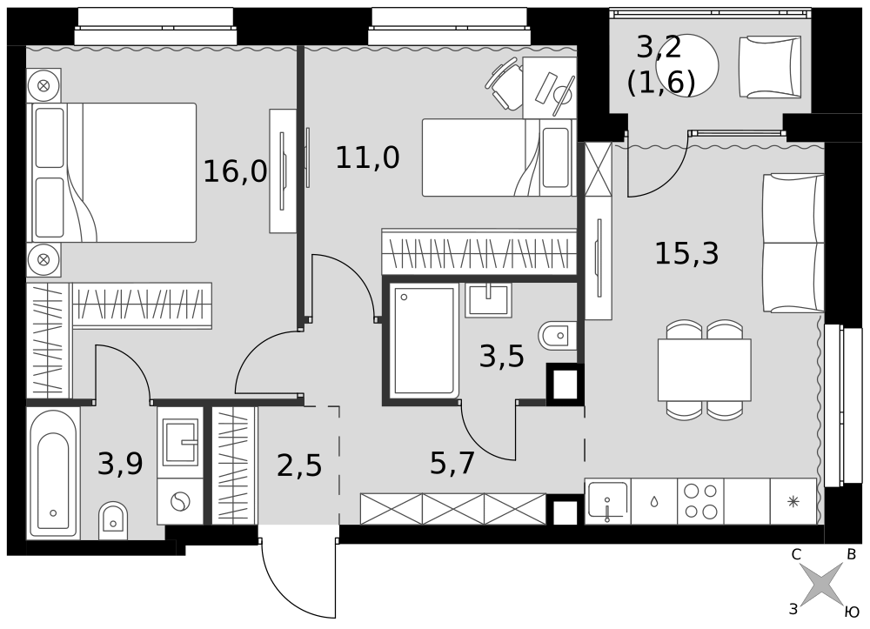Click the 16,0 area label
(235, 171)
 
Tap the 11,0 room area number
(367, 157)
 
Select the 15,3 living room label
(687, 253)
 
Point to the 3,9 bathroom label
(120, 464)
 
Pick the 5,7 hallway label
(452, 463)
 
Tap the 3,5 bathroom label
(502, 356)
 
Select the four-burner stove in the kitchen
(700, 501)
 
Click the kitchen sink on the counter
(608, 501)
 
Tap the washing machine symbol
(180, 502)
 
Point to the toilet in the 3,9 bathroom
(113, 521)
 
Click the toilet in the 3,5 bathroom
(558, 336)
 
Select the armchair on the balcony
(770, 67)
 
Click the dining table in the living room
(705, 370)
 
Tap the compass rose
(823, 584)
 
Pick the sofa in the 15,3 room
(793, 243)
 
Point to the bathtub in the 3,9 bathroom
(53, 473)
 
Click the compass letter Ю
(852, 612)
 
